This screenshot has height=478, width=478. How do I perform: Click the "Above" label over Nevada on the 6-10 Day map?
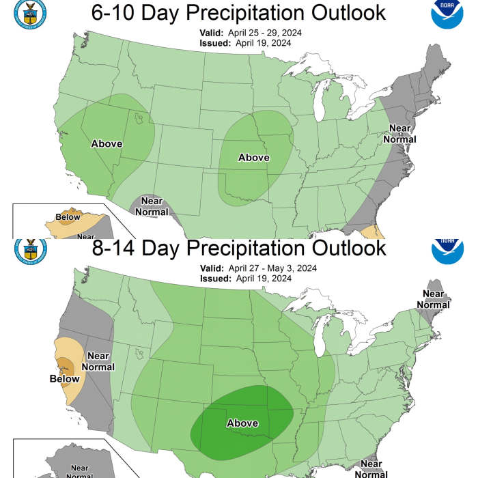(107, 143)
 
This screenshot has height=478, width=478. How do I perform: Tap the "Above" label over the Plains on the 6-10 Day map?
(253, 158)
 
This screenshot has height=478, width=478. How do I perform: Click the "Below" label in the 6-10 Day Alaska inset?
(68, 218)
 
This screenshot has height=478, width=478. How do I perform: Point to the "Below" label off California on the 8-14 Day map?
(64, 378)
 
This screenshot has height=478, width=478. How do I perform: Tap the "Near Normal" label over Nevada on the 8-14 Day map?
(98, 361)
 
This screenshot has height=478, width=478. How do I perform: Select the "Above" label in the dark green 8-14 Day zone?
(242, 423)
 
